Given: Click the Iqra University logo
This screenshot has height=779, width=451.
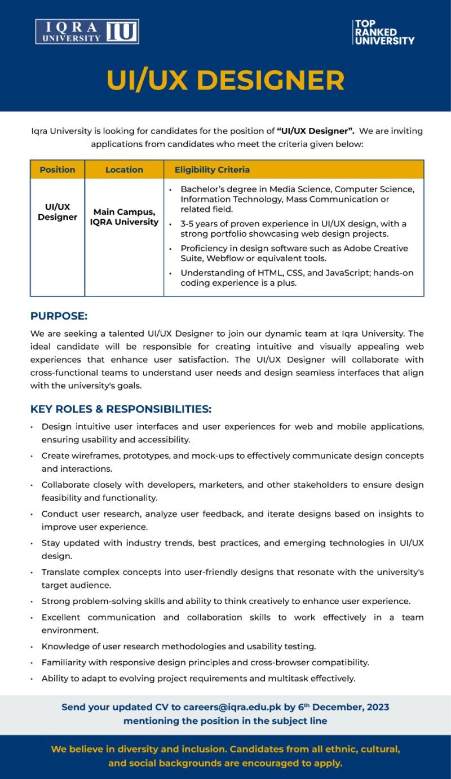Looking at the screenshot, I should coord(87,32).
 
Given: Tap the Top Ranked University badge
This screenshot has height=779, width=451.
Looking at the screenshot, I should coord(383,32).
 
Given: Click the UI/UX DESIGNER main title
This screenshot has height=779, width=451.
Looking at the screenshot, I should coord(225,80).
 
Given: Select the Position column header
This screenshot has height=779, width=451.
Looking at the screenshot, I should coord(57,170).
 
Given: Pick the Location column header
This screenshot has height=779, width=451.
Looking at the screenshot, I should coord(124,170).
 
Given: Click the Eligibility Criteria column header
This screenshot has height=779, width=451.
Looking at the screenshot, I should coord(212,170).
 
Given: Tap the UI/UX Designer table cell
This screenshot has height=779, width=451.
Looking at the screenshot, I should coord(58,212).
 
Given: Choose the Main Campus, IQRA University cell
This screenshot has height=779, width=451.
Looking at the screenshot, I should coord(124,217).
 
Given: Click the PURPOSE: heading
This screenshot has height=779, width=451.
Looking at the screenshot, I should coord(59,316).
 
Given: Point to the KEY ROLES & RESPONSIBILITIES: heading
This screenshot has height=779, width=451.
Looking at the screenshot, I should coord(121,409).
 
